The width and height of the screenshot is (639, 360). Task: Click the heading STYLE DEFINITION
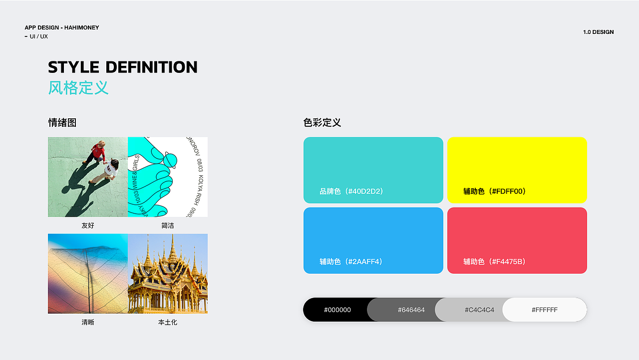tap(123, 67)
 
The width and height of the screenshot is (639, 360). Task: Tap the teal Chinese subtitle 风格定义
tap(78, 88)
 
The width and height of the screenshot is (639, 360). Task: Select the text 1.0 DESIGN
tap(598, 32)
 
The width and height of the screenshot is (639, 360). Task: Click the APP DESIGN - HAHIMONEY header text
tap(62, 27)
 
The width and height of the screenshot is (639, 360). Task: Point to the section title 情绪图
tap(62, 123)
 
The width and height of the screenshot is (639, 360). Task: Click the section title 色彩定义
tap(322, 123)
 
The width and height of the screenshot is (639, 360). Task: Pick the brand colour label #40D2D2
tap(351, 191)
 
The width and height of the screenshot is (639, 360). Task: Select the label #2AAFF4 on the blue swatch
tap(351, 262)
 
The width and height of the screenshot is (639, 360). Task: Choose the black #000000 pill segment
tap(337, 310)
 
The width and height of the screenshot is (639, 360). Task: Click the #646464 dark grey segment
tap(411, 310)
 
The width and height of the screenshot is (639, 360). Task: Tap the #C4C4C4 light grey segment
tap(479, 310)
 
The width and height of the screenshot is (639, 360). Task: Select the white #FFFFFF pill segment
tap(544, 310)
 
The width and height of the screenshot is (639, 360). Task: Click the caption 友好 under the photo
tap(88, 226)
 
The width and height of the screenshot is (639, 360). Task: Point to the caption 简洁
tap(168, 226)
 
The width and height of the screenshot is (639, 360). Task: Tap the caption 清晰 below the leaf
tap(88, 323)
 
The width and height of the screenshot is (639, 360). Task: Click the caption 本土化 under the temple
tap(168, 323)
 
